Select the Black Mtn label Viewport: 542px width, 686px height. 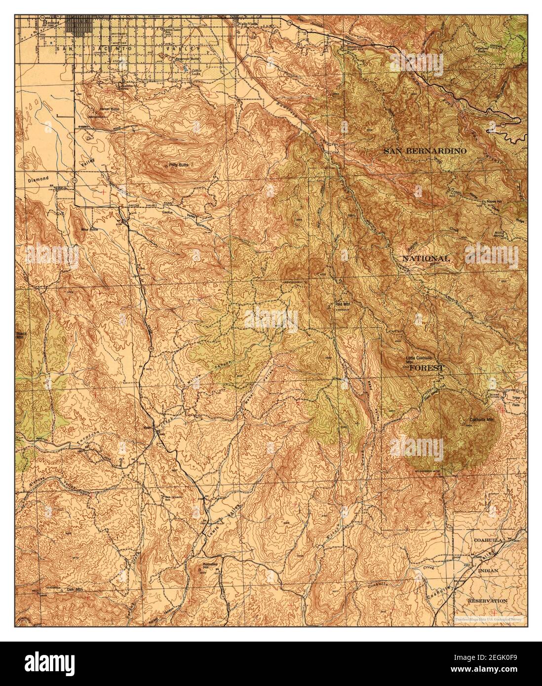pyautogui.click(x=19, y=335)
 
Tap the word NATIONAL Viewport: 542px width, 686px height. pyautogui.click(x=426, y=259)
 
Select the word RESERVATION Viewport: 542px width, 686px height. pyautogui.click(x=488, y=601)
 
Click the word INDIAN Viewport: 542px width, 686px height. pyautogui.click(x=488, y=570)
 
